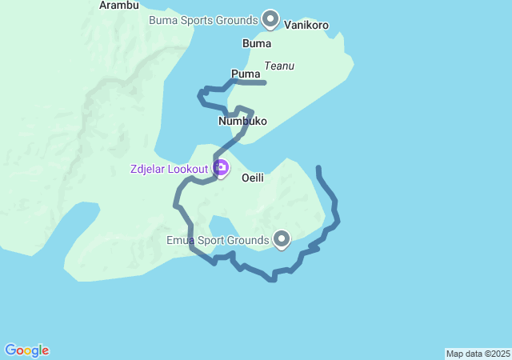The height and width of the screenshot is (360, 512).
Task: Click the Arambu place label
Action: (119, 5)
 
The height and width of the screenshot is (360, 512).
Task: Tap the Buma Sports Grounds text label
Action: (204, 19)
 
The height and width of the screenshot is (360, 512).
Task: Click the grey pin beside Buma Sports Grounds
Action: (270, 18)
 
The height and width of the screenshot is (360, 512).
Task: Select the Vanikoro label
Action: (306, 26)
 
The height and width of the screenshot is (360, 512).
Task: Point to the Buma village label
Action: (256, 43)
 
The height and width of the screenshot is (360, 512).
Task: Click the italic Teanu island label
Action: (279, 66)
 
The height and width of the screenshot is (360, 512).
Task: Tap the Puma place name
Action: (246, 74)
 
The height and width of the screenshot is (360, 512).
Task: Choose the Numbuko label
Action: (242, 122)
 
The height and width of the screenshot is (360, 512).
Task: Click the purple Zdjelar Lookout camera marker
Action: (221, 168)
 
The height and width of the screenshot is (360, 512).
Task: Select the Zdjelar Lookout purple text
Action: (170, 169)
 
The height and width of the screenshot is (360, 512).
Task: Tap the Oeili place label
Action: (253, 178)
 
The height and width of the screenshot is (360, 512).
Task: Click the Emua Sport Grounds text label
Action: (218, 240)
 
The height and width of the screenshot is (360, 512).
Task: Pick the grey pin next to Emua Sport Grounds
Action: (282, 238)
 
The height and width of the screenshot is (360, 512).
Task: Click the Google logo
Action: (26, 350)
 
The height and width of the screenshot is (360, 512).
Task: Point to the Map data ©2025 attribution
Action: (478, 354)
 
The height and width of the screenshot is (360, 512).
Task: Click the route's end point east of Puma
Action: (264, 82)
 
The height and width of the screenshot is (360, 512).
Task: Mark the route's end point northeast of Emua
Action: (318, 167)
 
